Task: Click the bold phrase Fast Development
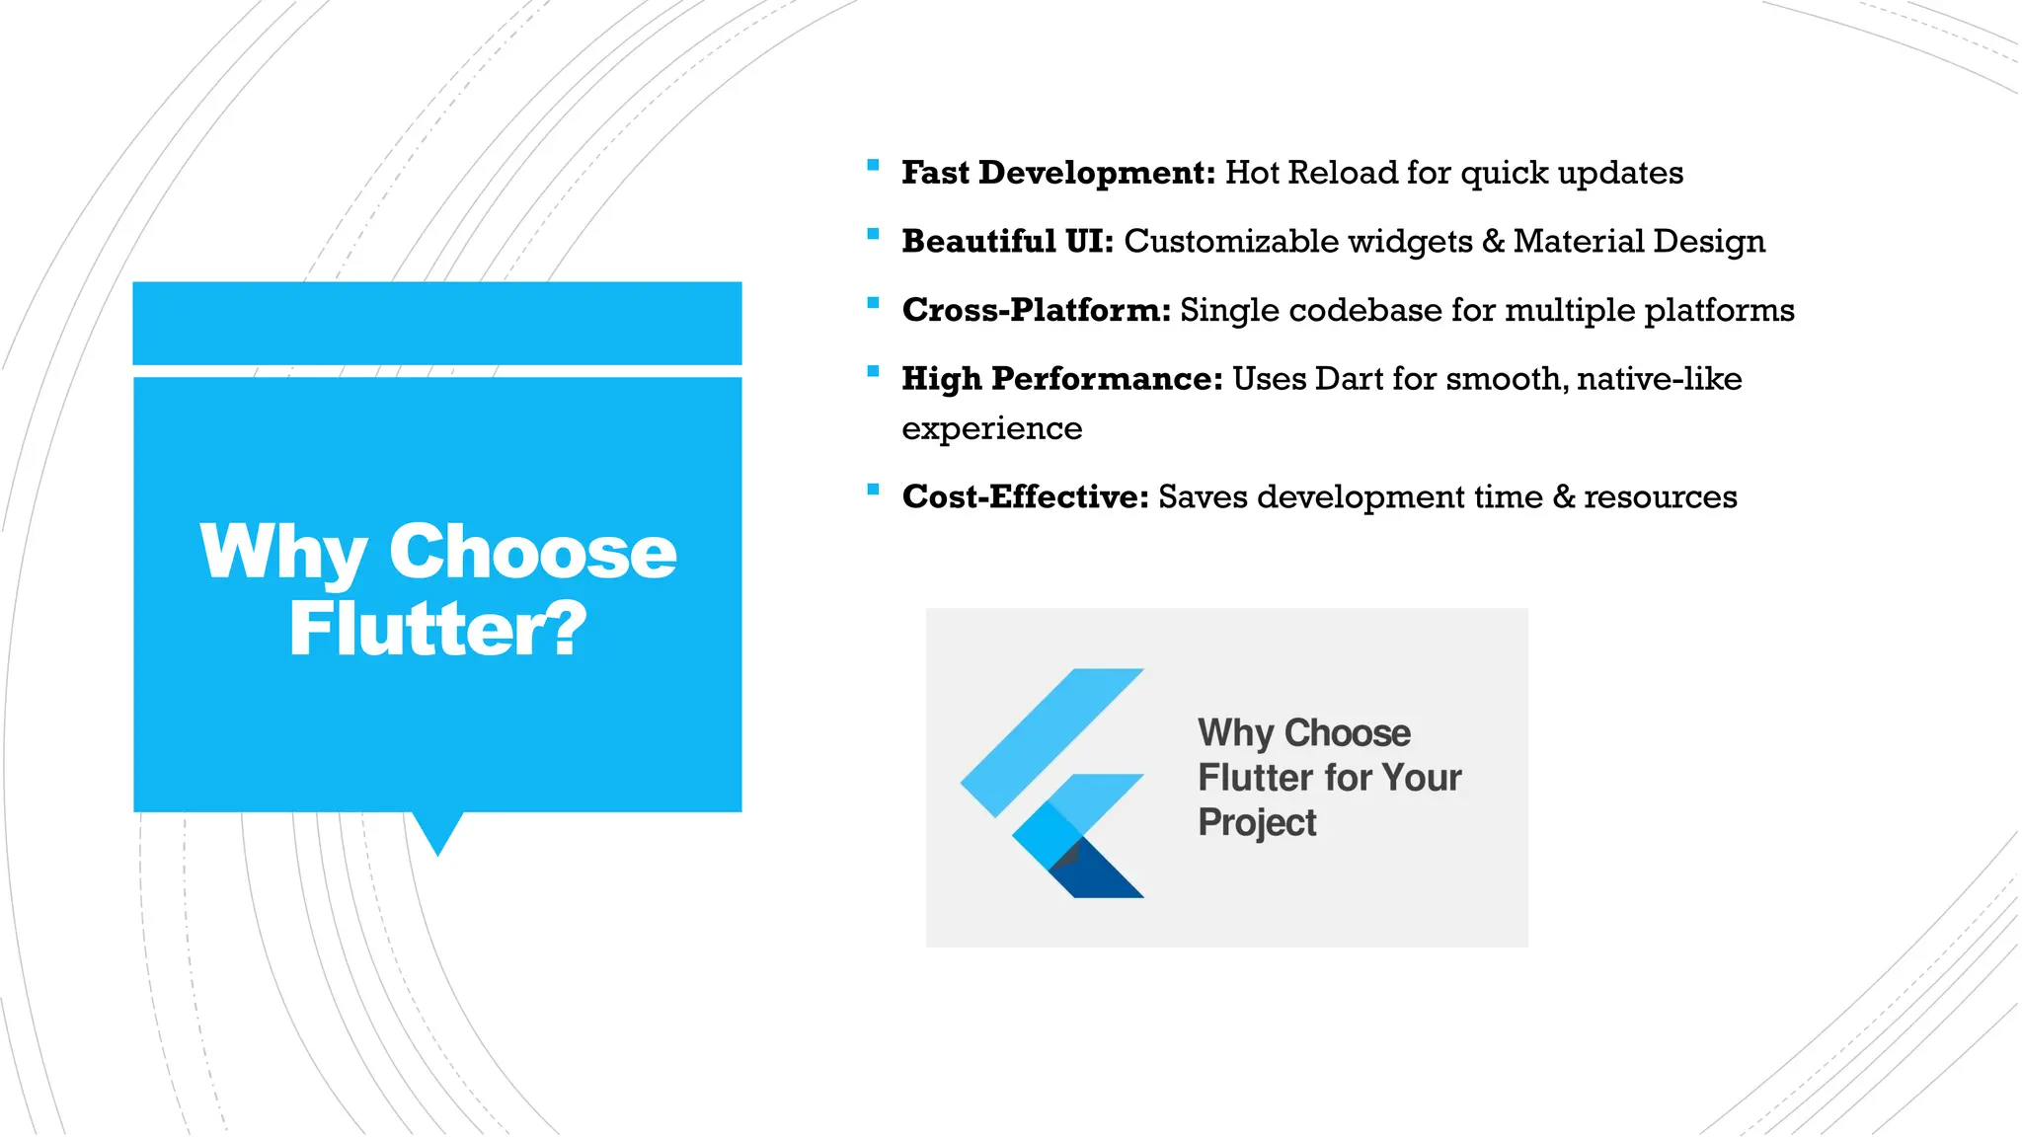[x=1057, y=173]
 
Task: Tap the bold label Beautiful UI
[x=1007, y=242]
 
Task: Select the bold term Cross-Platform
[x=1036, y=310]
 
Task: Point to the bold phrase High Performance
[x=1061, y=379]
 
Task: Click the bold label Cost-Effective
[x=1025, y=496]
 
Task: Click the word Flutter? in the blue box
[x=437, y=629]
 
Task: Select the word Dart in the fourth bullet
[x=1350, y=379]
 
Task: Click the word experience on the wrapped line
[x=991, y=428]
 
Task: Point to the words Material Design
[x=1639, y=242]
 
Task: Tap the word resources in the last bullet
[x=1660, y=496]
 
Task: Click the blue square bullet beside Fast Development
[x=873, y=166]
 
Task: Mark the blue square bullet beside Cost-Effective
[x=873, y=490]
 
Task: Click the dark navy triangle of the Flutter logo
[x=1098, y=874]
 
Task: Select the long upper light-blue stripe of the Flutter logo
[x=1051, y=742]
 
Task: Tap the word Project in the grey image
[x=1256, y=823]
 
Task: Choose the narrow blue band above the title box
[x=437, y=323]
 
